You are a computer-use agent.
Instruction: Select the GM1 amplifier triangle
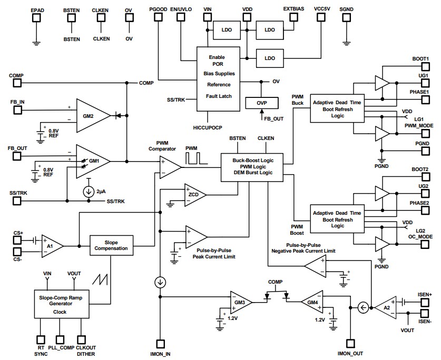93,160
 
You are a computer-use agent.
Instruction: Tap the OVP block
261,102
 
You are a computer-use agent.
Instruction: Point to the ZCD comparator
193,194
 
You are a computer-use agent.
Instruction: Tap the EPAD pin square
36,17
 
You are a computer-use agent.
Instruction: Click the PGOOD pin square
158,17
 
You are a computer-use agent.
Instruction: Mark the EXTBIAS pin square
293,17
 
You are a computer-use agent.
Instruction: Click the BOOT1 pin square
425,67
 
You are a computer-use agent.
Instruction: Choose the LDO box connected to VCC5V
269,57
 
